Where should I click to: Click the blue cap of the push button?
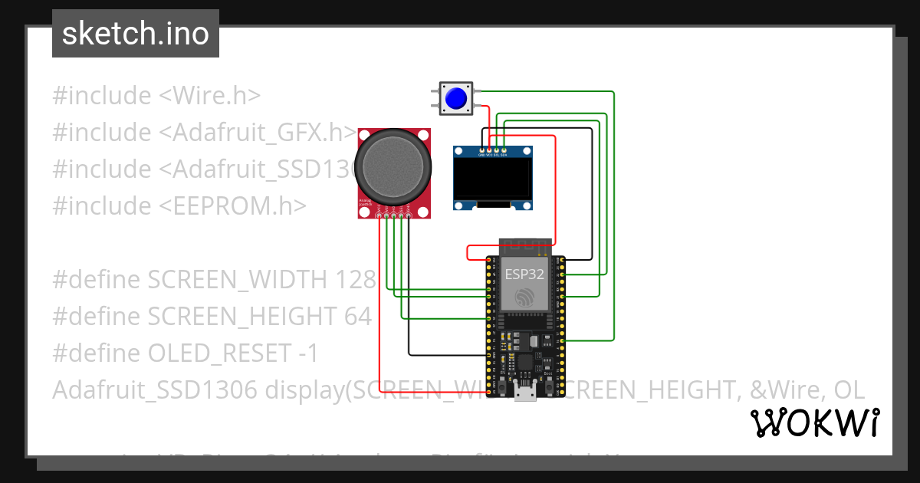[x=456, y=99]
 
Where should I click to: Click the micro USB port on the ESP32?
[x=526, y=394]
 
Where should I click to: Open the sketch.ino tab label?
[x=136, y=34]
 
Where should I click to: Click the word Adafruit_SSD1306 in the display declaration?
[x=155, y=389]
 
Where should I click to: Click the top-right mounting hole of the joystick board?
[x=426, y=134]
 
